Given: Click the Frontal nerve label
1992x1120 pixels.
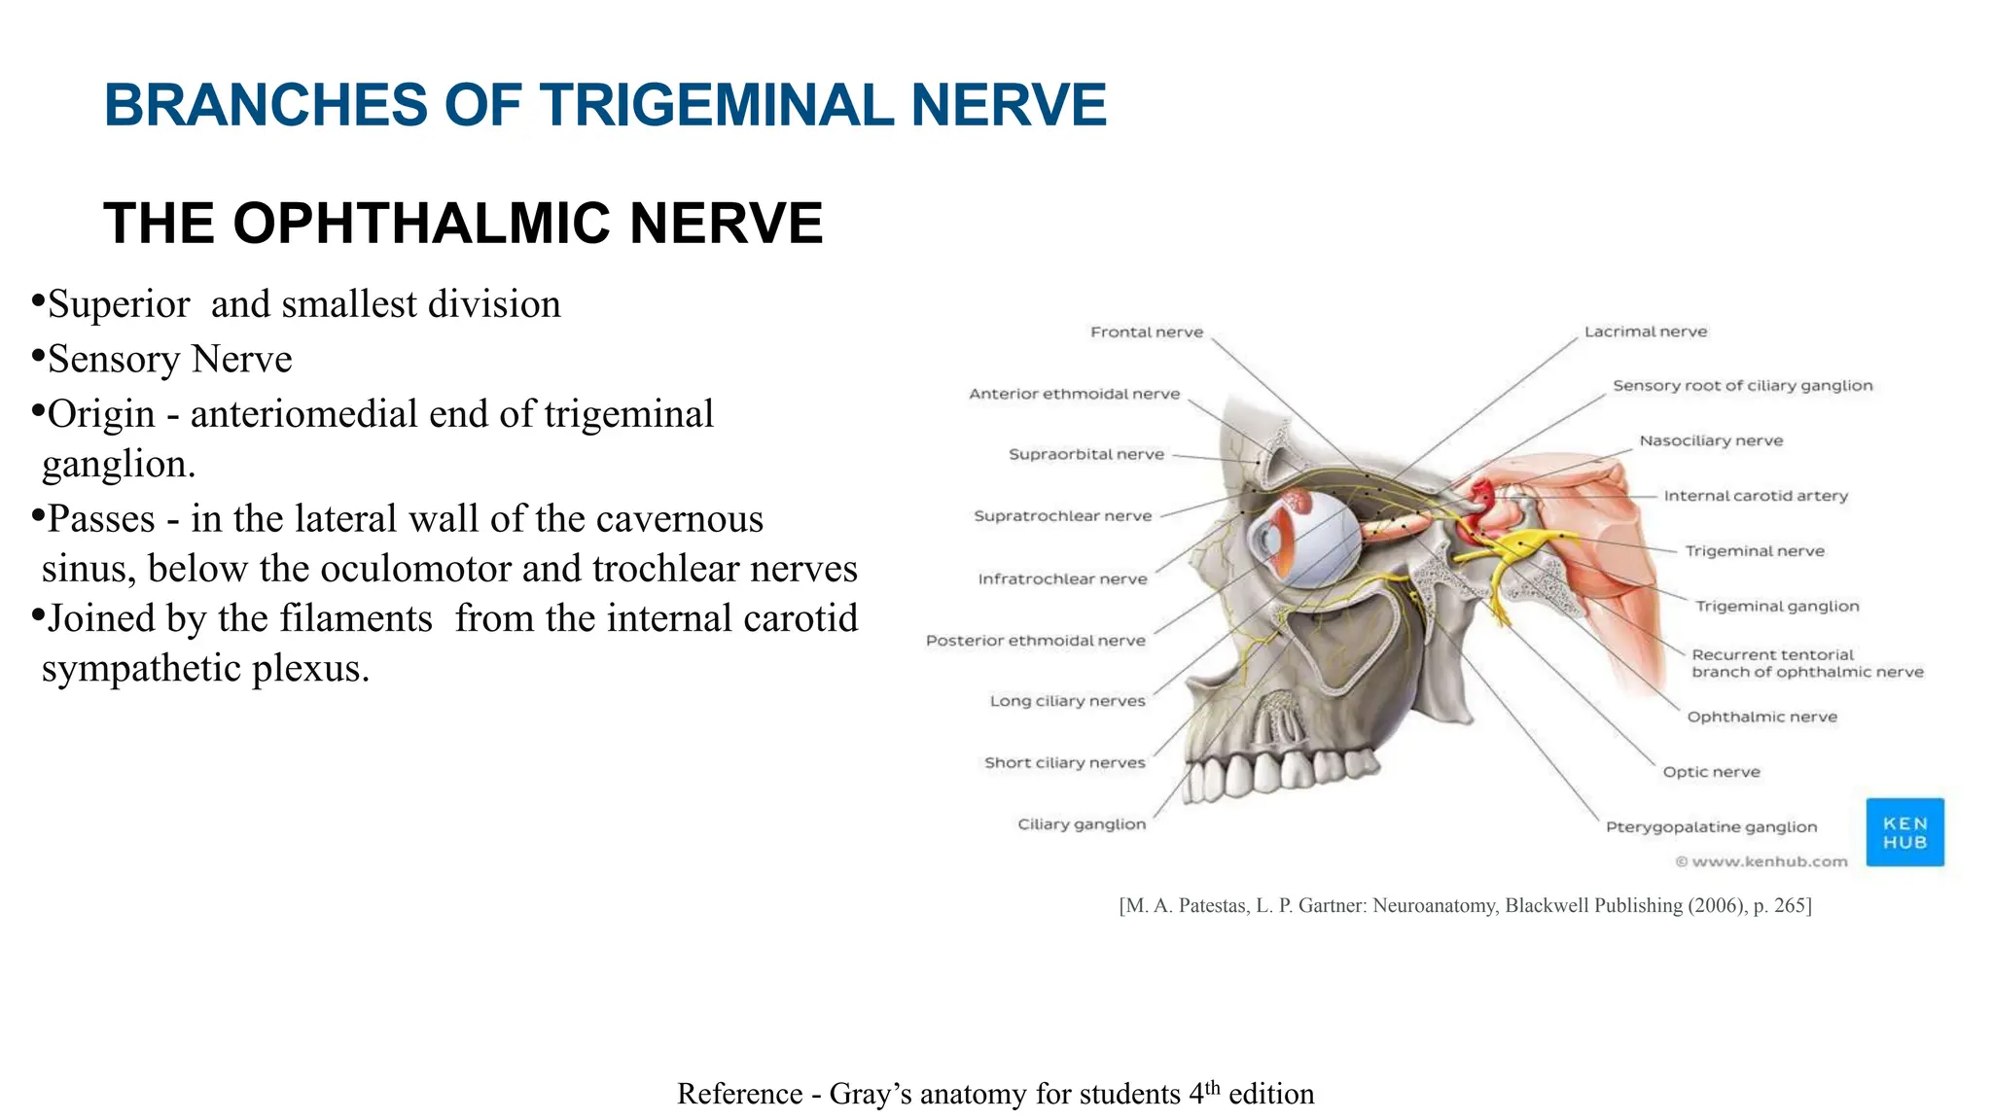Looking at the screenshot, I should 1147,332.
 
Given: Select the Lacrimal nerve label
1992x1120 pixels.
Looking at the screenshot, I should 1646,332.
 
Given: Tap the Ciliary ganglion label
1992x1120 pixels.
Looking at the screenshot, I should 1082,824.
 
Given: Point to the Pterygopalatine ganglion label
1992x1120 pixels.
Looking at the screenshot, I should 1711,827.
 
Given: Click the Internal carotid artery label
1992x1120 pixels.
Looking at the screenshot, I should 1756,496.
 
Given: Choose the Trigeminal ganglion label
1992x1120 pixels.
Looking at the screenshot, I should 1777,607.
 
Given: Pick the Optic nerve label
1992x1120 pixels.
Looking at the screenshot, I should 1711,772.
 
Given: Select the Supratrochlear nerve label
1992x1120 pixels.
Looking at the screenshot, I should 1062,516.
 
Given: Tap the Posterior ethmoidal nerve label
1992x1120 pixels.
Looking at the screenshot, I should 1035,641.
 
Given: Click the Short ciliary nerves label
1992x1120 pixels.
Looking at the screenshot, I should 1064,763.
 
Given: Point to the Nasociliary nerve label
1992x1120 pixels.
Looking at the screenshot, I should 1711,441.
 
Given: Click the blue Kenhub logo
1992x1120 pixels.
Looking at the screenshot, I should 1904,833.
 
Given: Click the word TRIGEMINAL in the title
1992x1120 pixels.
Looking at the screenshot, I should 717,105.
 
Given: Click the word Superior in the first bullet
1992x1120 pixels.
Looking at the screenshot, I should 119,304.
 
